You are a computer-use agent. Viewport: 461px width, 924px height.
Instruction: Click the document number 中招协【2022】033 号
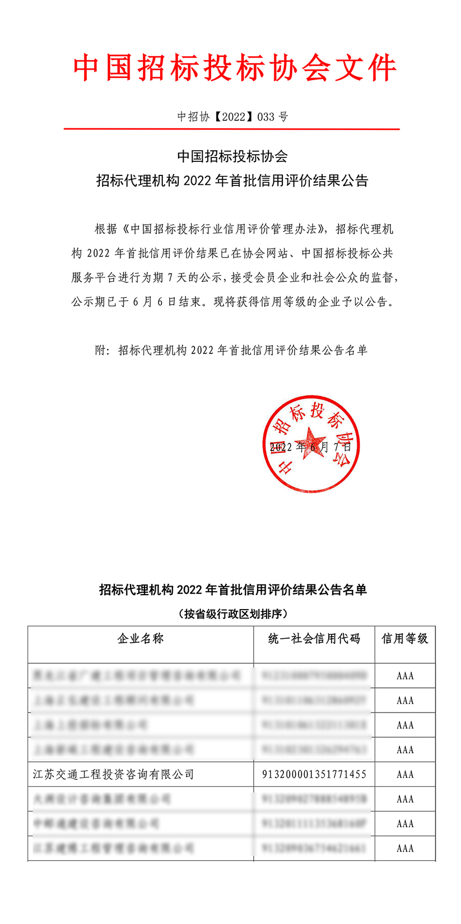[x=232, y=117]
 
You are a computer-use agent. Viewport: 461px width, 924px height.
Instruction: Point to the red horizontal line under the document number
[x=231, y=129]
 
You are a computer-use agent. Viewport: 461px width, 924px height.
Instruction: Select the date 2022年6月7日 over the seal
[x=310, y=447]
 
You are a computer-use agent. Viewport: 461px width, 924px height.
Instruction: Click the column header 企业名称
[x=141, y=639]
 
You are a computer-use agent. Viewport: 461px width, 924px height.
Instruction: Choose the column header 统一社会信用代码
[x=314, y=639]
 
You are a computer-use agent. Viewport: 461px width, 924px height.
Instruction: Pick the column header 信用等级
[x=405, y=639]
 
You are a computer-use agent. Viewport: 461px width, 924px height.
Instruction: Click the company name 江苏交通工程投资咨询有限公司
[x=114, y=774]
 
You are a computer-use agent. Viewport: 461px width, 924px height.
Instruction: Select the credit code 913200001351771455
[x=314, y=774]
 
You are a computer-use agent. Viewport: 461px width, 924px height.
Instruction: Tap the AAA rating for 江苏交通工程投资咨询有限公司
[x=405, y=774]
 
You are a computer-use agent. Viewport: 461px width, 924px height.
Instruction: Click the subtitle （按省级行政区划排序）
[x=233, y=614]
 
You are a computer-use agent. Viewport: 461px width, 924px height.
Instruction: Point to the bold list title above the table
[x=233, y=590]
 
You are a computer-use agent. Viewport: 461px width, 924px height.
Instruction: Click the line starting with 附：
[x=231, y=351]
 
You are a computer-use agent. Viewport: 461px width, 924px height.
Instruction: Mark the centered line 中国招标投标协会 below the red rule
[x=232, y=156]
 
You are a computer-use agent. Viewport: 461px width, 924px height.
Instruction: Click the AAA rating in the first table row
[x=405, y=676]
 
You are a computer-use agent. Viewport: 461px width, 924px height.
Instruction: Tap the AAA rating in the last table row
[x=405, y=848]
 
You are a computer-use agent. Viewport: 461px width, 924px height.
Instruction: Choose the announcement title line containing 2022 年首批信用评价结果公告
[x=232, y=181]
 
